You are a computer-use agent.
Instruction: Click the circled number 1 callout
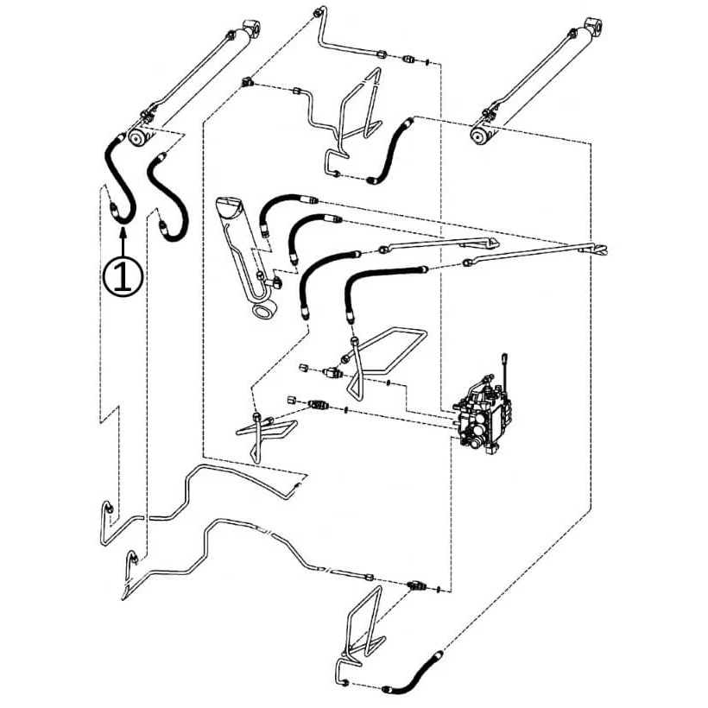coord(123,276)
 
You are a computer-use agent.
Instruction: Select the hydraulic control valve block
coord(484,416)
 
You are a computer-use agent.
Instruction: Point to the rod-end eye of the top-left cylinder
coord(252,28)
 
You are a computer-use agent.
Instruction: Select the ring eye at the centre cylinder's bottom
coord(263,312)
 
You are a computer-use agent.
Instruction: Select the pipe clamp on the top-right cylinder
coord(488,114)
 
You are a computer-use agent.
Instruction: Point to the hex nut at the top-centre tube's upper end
coord(317,13)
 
